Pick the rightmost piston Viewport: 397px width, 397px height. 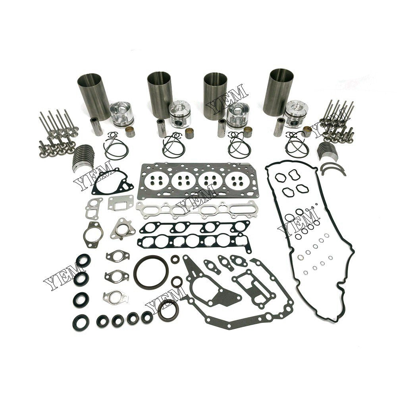click(x=297, y=113)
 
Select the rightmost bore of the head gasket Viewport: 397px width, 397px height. click(x=239, y=181)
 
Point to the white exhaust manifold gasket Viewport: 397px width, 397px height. click(x=192, y=209)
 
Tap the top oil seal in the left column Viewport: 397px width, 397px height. click(x=83, y=261)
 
